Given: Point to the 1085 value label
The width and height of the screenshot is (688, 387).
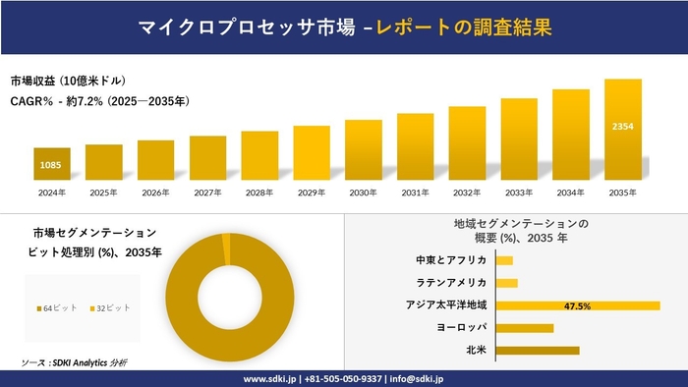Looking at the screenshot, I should (52, 164).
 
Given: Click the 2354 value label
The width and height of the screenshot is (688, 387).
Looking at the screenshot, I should (622, 128).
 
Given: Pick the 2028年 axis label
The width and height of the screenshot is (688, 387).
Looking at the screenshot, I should (259, 193).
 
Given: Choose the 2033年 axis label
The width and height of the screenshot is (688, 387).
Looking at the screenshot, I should (518, 193).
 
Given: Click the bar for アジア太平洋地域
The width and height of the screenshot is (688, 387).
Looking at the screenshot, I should (577, 305).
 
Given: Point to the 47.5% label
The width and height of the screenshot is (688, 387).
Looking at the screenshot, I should (577, 305).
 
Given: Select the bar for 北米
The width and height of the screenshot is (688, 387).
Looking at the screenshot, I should (538, 350).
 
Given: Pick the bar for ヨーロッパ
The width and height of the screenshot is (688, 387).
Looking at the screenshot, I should (525, 327).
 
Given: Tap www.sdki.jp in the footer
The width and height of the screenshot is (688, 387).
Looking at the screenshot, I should (272, 378).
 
